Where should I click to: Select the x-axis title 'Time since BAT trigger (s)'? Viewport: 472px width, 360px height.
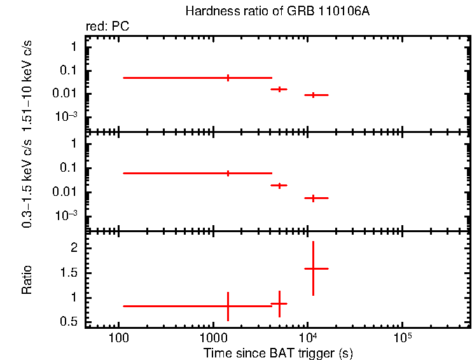(278, 352)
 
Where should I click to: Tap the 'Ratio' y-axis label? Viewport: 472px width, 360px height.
(27, 280)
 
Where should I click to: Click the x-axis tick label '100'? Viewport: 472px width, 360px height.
(118, 336)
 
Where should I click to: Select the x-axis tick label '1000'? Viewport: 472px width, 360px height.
(212, 336)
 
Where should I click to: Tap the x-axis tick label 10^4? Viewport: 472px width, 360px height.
(307, 335)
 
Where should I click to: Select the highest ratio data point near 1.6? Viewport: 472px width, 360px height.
(313, 268)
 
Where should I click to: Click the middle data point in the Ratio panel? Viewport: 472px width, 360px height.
(279, 304)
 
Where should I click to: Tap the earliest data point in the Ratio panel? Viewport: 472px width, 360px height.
(228, 306)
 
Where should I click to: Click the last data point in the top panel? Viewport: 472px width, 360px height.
(313, 95)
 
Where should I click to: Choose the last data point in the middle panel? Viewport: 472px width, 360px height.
(313, 198)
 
